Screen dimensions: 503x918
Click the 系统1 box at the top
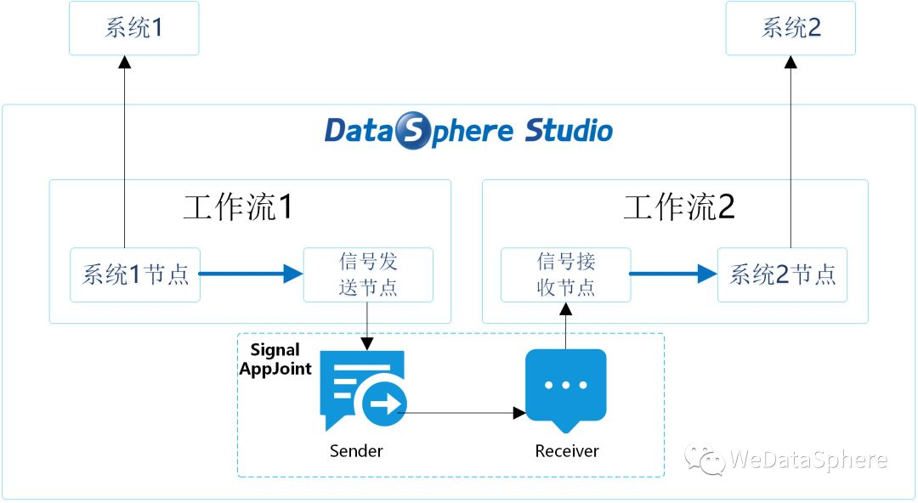(x=133, y=28)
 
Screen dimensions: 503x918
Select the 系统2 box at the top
(x=790, y=28)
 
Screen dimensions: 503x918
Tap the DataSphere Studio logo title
(x=468, y=131)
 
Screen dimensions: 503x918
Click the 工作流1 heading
(x=239, y=206)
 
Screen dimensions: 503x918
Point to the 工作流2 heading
(x=679, y=206)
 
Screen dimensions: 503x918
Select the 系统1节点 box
(x=135, y=274)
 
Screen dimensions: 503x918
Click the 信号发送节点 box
(x=368, y=274)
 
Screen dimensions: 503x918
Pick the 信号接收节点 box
(x=565, y=274)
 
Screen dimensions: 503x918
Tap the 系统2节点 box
(x=782, y=274)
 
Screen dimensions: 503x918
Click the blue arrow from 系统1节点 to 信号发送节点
(x=251, y=274)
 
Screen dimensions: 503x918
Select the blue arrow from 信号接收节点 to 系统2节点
(x=672, y=274)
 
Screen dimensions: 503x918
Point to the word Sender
(x=356, y=450)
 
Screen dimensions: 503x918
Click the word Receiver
(x=567, y=450)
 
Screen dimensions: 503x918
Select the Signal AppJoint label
(x=275, y=359)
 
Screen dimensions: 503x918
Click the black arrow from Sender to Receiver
(x=463, y=413)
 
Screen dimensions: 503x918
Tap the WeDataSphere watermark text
(x=808, y=461)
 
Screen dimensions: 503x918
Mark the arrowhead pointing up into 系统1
(x=124, y=62)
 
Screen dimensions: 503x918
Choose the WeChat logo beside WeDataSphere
(x=706, y=460)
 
